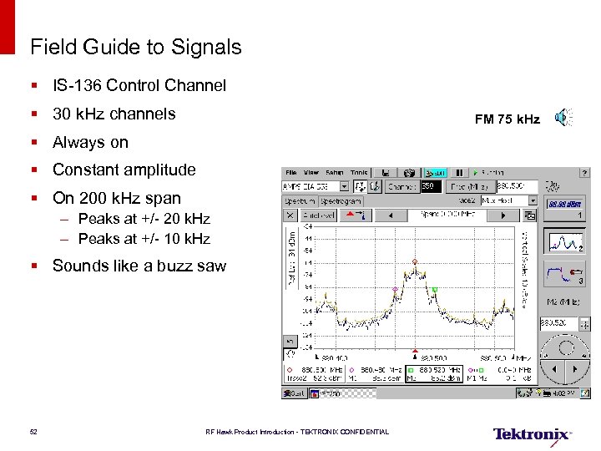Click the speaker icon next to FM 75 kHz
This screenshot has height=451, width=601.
tap(565, 119)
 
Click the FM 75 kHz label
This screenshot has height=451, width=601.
tap(507, 119)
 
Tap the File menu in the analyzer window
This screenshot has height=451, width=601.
tap(291, 172)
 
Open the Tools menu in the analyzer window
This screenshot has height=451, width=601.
tap(359, 172)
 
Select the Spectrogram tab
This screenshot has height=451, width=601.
tap(341, 200)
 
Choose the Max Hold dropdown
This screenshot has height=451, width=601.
tap(509, 200)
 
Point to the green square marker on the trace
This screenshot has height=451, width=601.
tap(435, 290)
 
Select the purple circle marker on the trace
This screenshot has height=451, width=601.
tap(396, 289)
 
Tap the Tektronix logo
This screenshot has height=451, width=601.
tap(532, 434)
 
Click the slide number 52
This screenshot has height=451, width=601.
tap(33, 432)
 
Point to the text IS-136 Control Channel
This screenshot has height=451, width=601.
tap(139, 85)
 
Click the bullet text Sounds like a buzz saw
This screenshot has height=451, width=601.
tap(139, 266)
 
